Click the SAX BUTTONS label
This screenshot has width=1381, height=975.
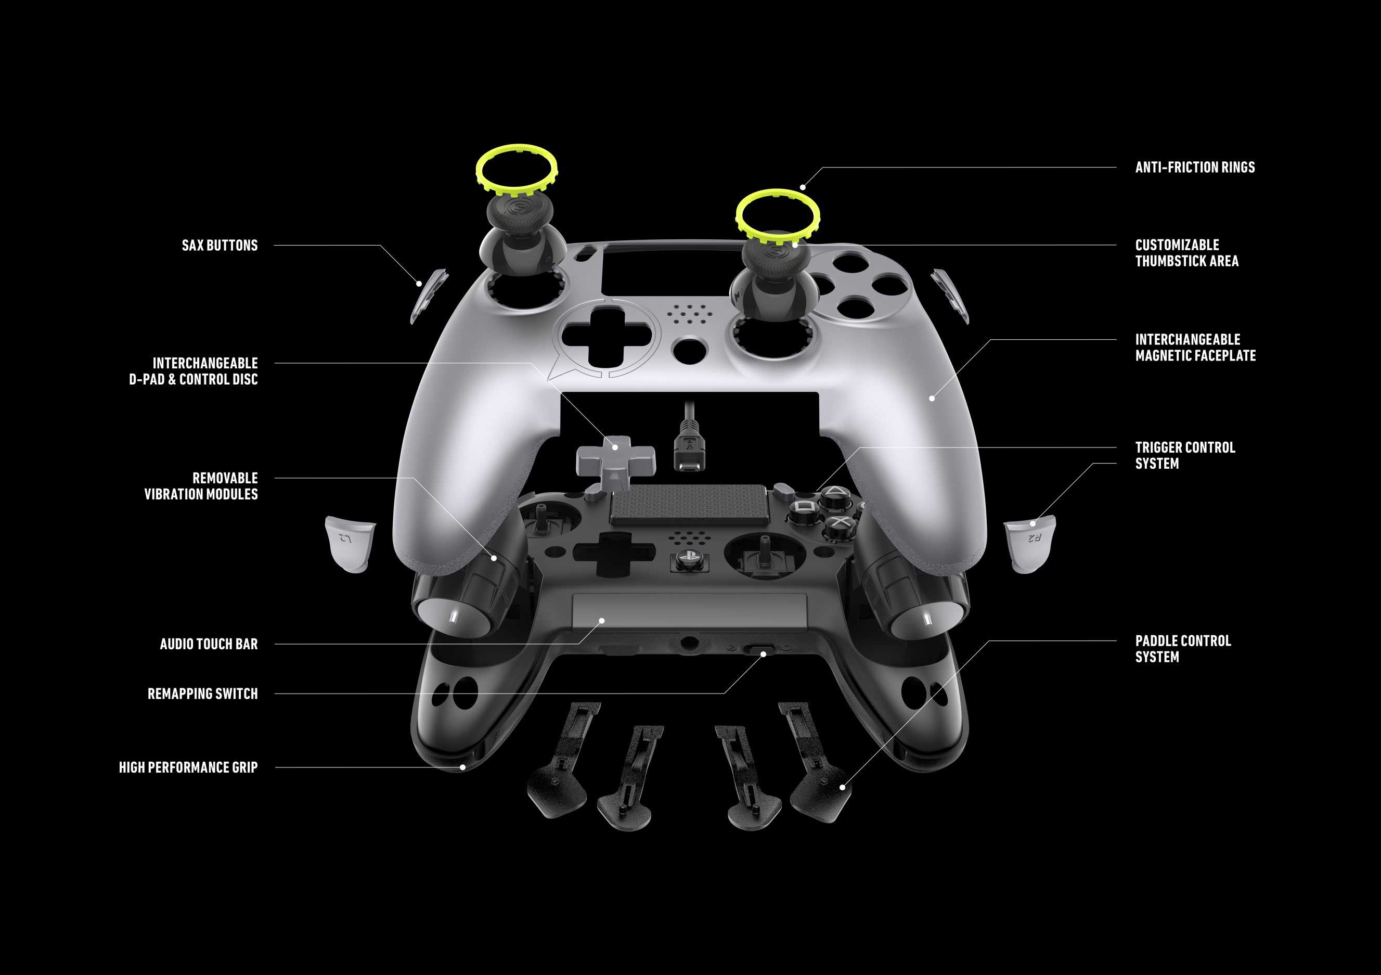[220, 246]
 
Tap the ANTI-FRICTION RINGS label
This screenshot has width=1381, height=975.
[1195, 167]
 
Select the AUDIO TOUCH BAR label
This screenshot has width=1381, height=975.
[209, 644]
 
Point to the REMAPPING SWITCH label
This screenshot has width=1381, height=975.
[203, 694]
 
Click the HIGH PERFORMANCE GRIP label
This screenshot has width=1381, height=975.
[188, 767]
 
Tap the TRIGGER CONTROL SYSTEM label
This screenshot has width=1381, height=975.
[1185, 455]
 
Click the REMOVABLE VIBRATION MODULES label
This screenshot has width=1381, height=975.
[201, 486]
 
